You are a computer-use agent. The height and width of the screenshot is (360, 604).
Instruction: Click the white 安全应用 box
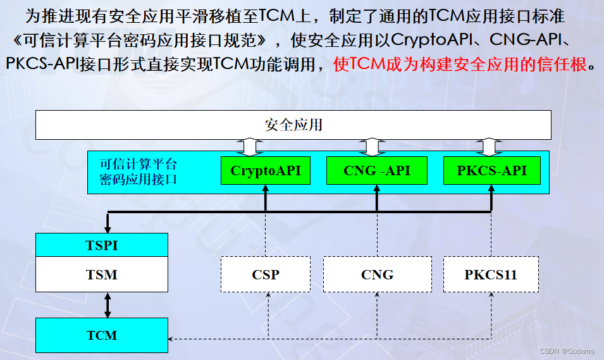(293, 125)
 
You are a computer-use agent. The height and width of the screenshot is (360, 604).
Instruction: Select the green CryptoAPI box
(266, 171)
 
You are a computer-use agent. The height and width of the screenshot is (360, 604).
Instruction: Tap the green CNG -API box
(377, 171)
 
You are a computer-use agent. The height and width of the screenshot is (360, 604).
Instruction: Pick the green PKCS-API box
(491, 171)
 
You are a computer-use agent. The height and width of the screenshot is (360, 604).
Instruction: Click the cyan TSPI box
(102, 245)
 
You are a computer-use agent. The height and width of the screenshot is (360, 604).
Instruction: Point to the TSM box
(102, 275)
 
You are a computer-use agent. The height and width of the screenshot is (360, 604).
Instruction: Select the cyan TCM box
(102, 335)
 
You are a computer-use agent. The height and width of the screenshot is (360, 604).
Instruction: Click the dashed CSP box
(266, 275)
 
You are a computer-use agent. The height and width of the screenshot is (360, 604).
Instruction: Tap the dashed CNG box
(377, 275)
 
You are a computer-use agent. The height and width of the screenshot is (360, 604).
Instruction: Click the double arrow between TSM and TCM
(108, 305)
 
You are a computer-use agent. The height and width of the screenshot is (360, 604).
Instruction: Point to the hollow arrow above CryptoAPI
(250, 147)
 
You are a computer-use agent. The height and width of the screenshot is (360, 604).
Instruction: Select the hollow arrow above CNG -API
(370, 147)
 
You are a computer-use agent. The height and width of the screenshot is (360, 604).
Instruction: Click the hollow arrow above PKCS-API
(488, 147)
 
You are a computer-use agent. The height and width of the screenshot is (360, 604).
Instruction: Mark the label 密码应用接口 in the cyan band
(138, 179)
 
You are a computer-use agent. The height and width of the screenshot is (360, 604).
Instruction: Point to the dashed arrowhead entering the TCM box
(173, 339)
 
